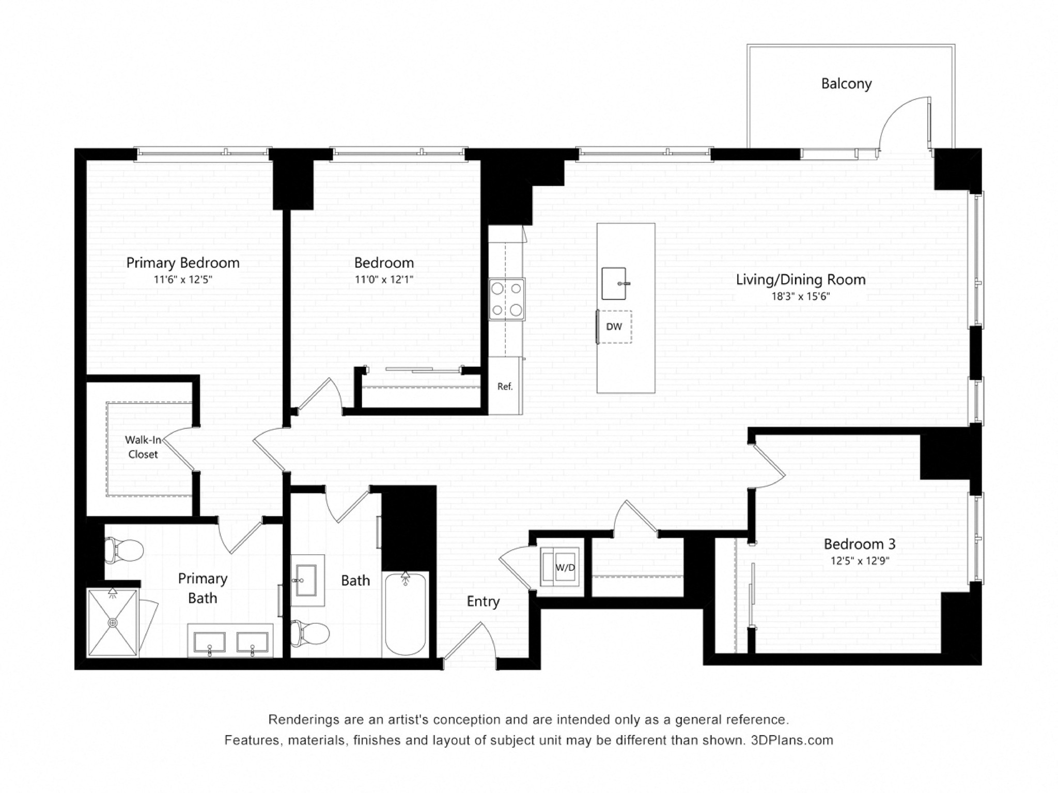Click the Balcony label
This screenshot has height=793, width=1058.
pyautogui.click(x=846, y=84)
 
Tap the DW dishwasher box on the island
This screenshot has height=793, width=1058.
pyautogui.click(x=614, y=326)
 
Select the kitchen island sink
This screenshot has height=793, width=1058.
pyautogui.click(x=614, y=283)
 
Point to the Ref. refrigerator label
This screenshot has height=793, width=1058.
pyautogui.click(x=505, y=386)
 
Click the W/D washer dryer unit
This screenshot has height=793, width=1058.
pyautogui.click(x=559, y=567)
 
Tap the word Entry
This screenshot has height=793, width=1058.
pyautogui.click(x=483, y=601)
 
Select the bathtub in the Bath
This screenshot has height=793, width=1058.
pyautogui.click(x=406, y=614)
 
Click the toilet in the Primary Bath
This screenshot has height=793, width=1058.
pyautogui.click(x=123, y=550)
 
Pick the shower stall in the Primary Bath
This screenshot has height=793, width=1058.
pyautogui.click(x=113, y=623)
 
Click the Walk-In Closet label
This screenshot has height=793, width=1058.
pyautogui.click(x=143, y=447)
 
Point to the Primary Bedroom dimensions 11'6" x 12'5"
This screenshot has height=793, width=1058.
pyautogui.click(x=183, y=280)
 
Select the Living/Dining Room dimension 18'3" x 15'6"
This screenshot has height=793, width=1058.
pyautogui.click(x=801, y=297)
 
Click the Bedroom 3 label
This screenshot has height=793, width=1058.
pyautogui.click(x=860, y=544)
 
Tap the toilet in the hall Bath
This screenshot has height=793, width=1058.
pyautogui.click(x=310, y=633)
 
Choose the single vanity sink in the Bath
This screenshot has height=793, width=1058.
pyautogui.click(x=307, y=580)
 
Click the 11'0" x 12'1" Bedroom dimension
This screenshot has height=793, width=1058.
pyautogui.click(x=384, y=280)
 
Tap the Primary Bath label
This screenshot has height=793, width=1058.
pyautogui.click(x=203, y=588)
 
